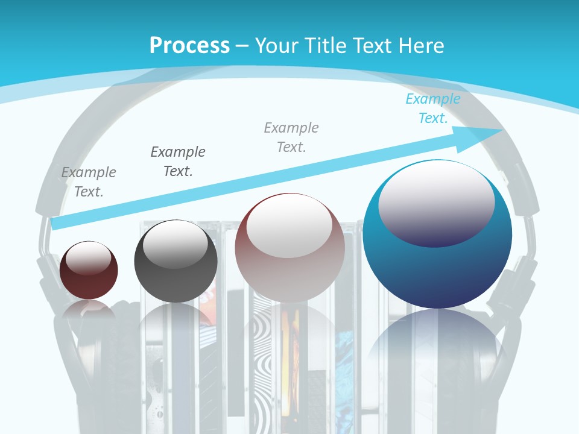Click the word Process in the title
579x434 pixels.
tap(189, 45)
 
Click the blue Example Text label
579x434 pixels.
tap(433, 108)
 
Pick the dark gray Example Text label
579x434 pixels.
tap(178, 161)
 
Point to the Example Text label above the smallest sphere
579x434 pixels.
tap(89, 182)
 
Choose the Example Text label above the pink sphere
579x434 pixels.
tap(291, 137)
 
